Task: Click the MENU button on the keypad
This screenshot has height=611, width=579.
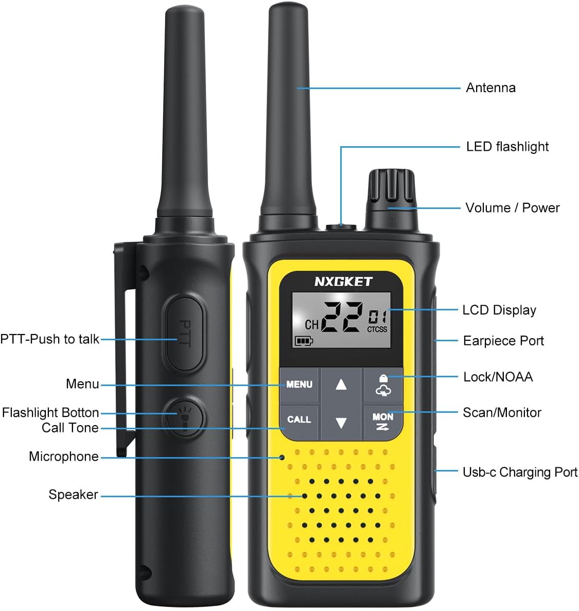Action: pyautogui.click(x=299, y=384)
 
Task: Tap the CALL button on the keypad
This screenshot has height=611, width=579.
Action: pyautogui.click(x=299, y=420)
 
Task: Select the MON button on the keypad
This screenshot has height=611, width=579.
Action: pyautogui.click(x=382, y=421)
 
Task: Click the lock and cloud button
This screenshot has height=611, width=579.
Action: pyautogui.click(x=383, y=385)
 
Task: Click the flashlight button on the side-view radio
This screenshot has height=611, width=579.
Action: pyautogui.click(x=184, y=416)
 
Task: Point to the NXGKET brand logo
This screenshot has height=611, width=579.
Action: pyautogui.click(x=343, y=282)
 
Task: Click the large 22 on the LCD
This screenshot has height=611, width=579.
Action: pyautogui.click(x=341, y=317)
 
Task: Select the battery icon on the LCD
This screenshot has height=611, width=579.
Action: pyautogui.click(x=304, y=340)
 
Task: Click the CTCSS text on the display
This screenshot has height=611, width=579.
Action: pyautogui.click(x=377, y=329)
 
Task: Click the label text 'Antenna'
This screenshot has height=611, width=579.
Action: pyautogui.click(x=490, y=88)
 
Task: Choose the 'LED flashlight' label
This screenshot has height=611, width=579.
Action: pyautogui.click(x=507, y=147)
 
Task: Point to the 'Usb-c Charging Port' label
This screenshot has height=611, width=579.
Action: pyautogui.click(x=520, y=472)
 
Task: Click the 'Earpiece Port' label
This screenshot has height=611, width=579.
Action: pyautogui.click(x=503, y=341)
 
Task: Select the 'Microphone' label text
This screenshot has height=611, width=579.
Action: pyautogui.click(x=64, y=457)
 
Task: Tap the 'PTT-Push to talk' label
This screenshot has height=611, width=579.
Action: pyautogui.click(x=50, y=339)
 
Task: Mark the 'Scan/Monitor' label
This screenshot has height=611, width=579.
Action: pyautogui.click(x=502, y=412)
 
